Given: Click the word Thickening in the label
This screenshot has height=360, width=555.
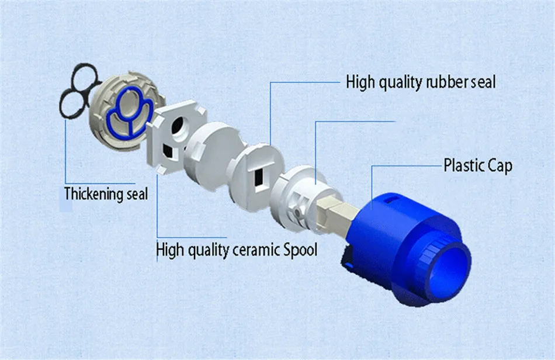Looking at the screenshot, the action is pos(90,194).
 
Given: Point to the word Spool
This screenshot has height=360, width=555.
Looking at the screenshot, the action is pos(300,250).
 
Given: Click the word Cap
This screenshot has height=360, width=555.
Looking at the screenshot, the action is pos(500,165).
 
